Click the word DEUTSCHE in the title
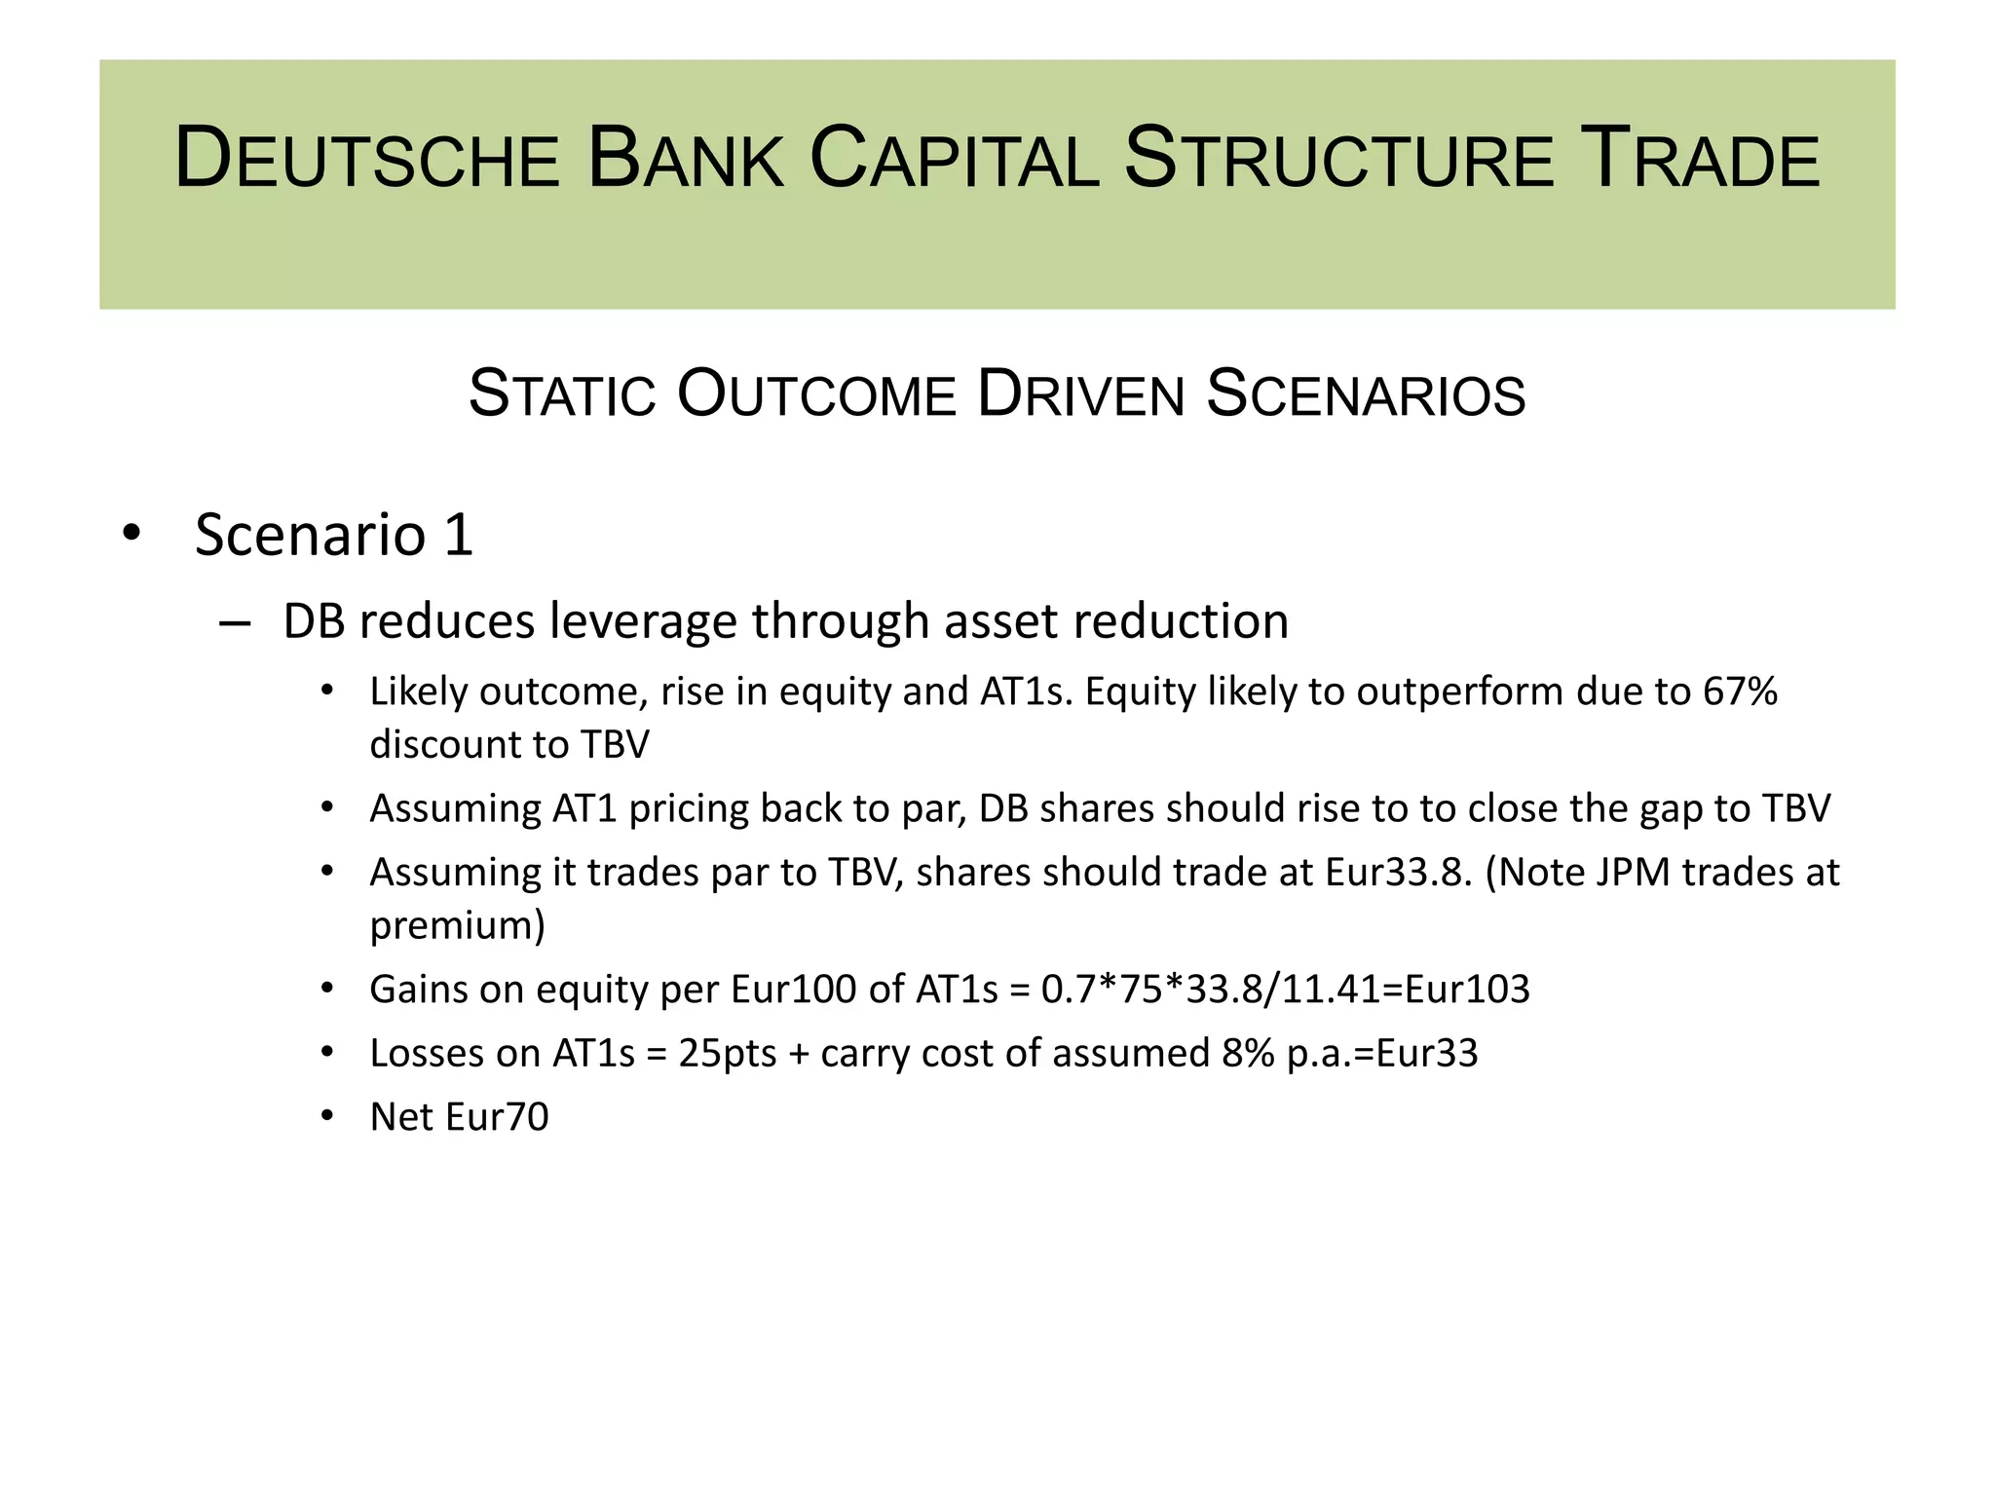tap(366, 159)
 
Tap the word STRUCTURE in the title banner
tap(1338, 159)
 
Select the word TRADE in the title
tap(1700, 159)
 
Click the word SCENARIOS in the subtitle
tap(1366, 394)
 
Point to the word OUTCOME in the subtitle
tap(816, 394)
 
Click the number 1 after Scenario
tap(458, 535)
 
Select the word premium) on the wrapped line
tap(457, 925)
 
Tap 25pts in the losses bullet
tap(727, 1054)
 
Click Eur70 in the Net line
tap(496, 1117)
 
